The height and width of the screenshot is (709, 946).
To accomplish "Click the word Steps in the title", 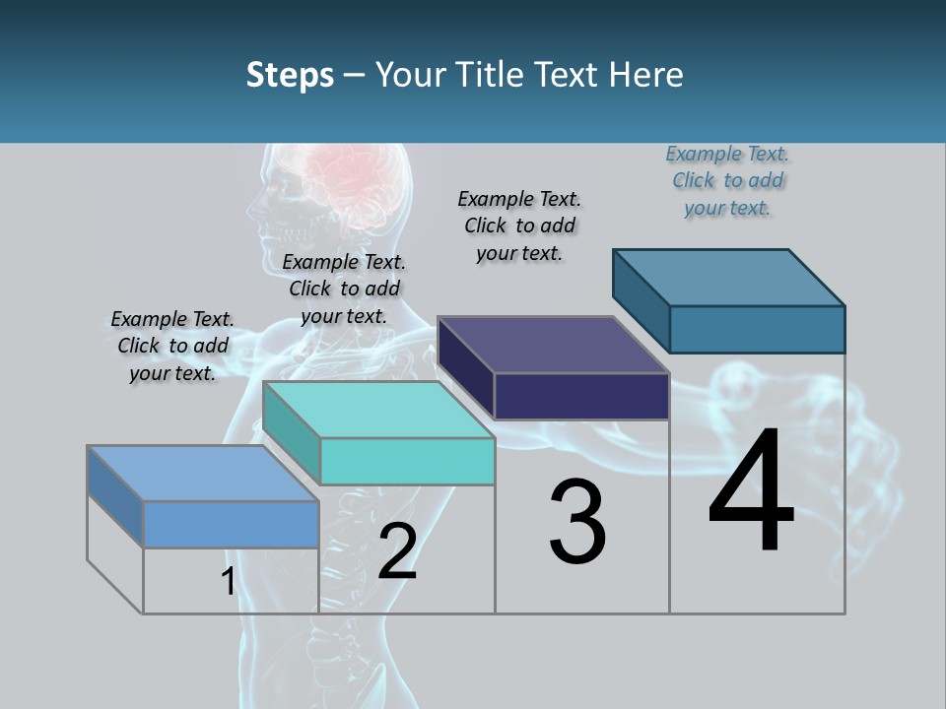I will pyautogui.click(x=290, y=75).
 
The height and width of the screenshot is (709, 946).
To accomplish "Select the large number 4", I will pyautogui.click(x=751, y=491).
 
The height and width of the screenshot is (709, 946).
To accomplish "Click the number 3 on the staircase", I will pyautogui.click(x=577, y=522).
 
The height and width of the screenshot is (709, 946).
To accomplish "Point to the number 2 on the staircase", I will pyautogui.click(x=397, y=551).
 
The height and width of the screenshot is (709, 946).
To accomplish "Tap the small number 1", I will pyautogui.click(x=228, y=582).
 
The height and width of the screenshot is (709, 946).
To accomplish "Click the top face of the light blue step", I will pyautogui.click(x=202, y=474).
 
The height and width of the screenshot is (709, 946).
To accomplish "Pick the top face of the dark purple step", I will pyautogui.click(x=553, y=345).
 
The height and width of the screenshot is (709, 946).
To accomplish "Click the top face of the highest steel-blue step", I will pyautogui.click(x=728, y=278).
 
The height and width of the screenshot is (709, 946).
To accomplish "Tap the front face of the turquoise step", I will pyautogui.click(x=407, y=461).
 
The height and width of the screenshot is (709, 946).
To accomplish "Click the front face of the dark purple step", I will pyautogui.click(x=581, y=396).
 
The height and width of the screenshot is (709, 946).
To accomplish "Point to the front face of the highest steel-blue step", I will pyautogui.click(x=757, y=329).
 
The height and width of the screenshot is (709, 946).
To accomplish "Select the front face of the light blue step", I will pyautogui.click(x=231, y=524).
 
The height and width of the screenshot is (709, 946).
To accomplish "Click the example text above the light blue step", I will pyautogui.click(x=172, y=346).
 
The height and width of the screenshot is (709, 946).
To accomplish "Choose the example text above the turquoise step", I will pyautogui.click(x=344, y=289).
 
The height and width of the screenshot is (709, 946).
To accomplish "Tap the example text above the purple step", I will pyautogui.click(x=519, y=226).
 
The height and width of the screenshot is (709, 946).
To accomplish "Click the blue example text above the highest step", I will pyautogui.click(x=727, y=180).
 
